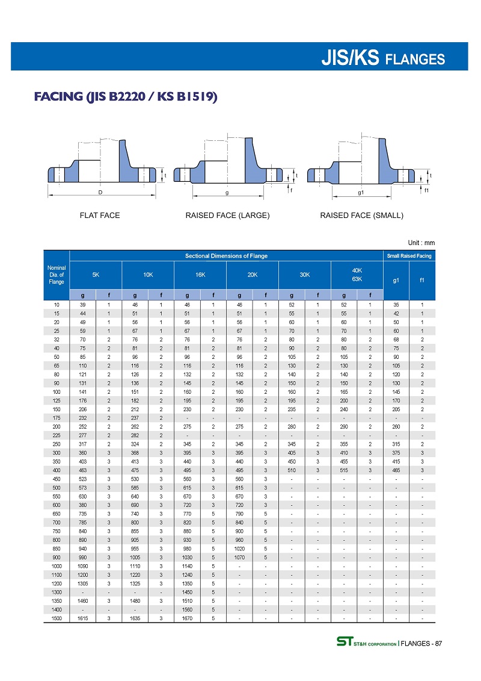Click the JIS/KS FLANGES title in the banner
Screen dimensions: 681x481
(x=384, y=58)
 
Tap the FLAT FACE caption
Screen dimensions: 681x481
(x=100, y=216)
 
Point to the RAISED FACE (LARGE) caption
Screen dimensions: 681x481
(x=227, y=216)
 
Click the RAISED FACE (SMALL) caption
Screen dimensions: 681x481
(x=361, y=216)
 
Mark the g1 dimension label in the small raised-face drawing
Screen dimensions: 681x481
(x=361, y=193)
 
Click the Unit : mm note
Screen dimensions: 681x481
(x=421, y=243)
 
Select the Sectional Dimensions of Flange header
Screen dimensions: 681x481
(x=226, y=256)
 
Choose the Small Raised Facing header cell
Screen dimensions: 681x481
(x=409, y=256)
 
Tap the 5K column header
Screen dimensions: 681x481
(x=96, y=275)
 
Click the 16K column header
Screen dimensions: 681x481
(x=200, y=275)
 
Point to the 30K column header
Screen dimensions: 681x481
(x=304, y=275)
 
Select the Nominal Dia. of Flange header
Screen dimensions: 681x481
(x=57, y=275)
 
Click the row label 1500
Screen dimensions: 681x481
(x=57, y=618)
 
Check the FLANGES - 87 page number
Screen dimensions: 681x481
(x=421, y=644)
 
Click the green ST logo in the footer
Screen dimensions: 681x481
(x=345, y=643)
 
